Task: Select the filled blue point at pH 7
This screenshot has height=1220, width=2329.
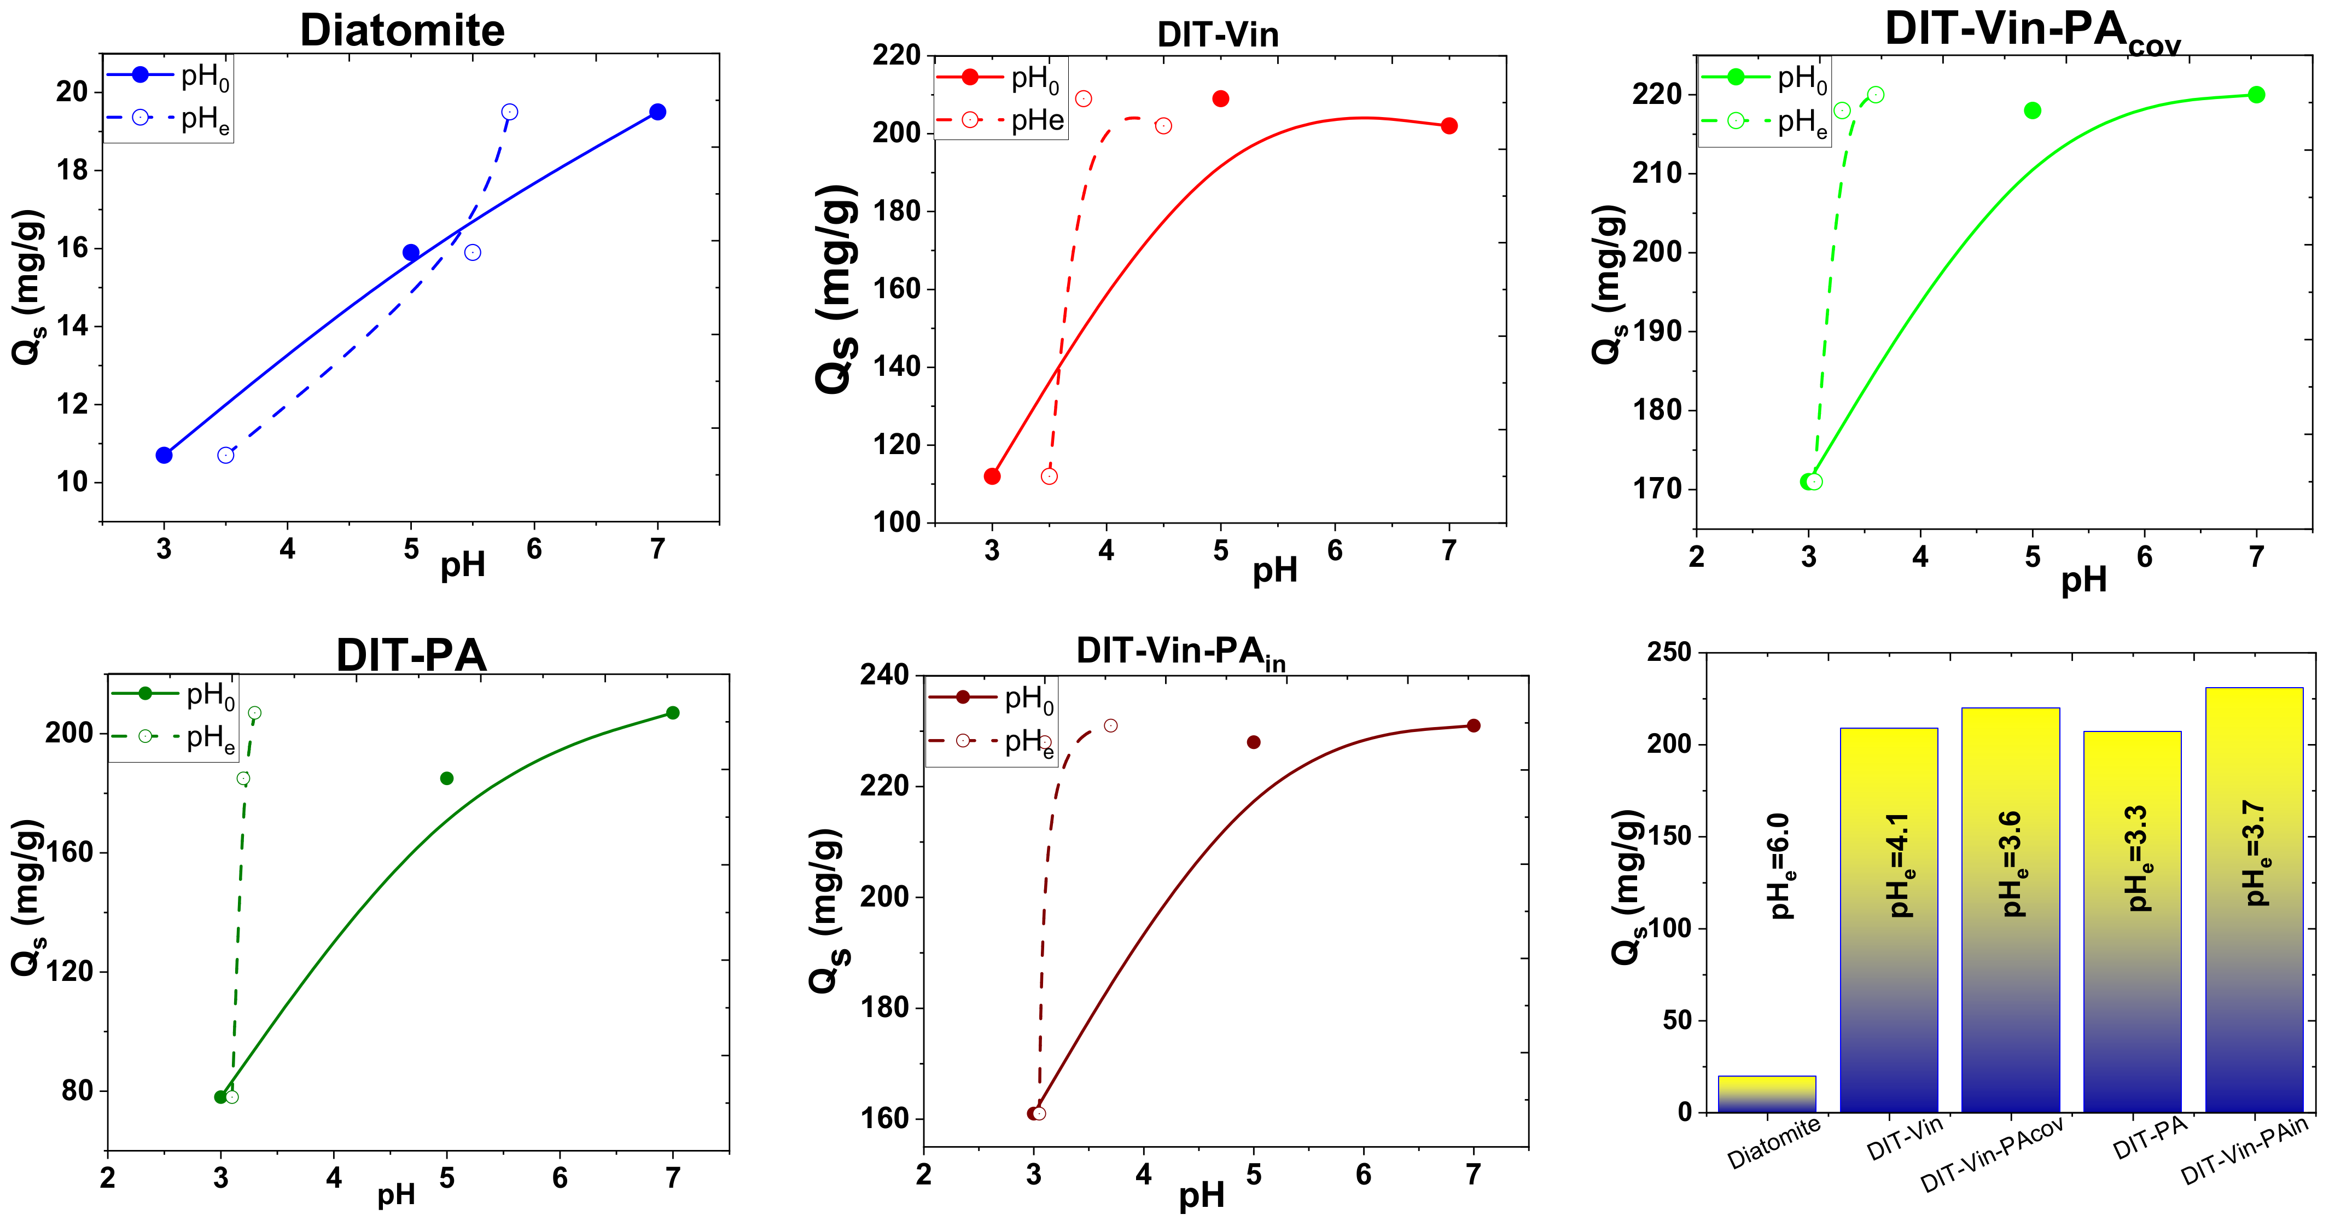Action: tap(657, 112)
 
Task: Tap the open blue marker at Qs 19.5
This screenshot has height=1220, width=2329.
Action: tap(509, 112)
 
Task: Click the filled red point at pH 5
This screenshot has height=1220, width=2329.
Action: tap(1220, 98)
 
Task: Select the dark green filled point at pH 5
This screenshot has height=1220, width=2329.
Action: tap(447, 779)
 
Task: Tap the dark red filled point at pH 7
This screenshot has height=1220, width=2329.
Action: tap(1474, 725)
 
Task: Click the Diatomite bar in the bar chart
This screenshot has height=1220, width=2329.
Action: tap(1767, 1094)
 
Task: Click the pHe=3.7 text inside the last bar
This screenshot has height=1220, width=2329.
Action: tap(2257, 854)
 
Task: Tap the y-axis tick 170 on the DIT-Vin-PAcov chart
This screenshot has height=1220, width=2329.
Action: tap(1657, 489)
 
